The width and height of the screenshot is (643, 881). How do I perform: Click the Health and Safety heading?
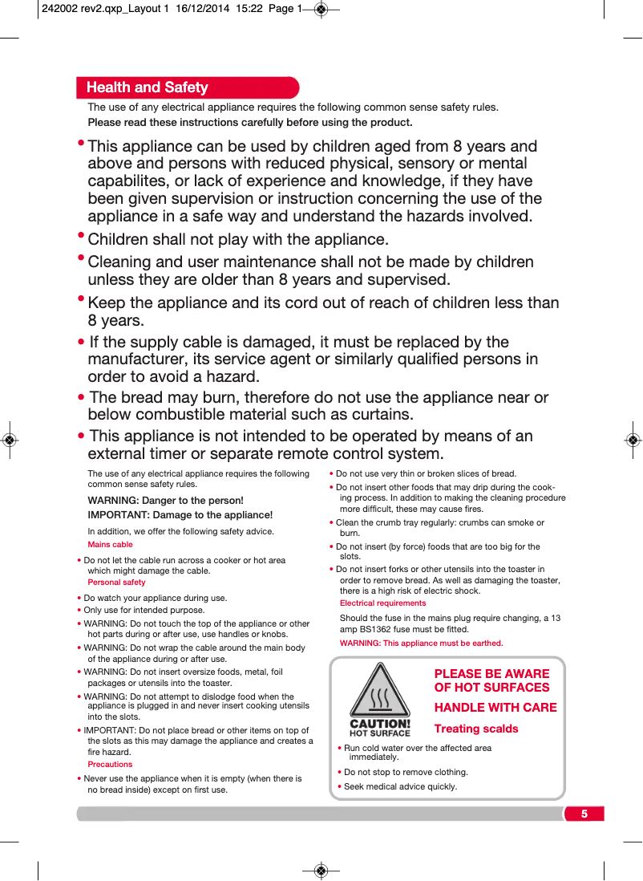click(x=148, y=87)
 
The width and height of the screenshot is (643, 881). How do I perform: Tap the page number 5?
click(x=584, y=814)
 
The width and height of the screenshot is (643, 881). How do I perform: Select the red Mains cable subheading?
click(x=110, y=545)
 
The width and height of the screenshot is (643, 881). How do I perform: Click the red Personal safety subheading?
click(x=116, y=583)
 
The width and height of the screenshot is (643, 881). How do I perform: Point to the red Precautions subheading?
click(x=110, y=765)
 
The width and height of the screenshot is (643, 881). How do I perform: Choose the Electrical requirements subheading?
click(x=382, y=603)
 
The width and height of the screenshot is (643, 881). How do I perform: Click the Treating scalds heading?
click(x=476, y=729)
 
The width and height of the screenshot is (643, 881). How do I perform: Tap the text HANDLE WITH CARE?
click(x=495, y=707)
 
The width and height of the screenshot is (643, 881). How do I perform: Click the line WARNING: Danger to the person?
click(x=165, y=501)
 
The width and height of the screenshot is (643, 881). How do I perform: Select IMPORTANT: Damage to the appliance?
click(x=180, y=515)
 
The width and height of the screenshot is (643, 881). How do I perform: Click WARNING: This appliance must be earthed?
click(x=421, y=643)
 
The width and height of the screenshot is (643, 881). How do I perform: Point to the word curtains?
click(x=381, y=415)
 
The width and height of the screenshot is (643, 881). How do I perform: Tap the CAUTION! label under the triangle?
click(x=380, y=723)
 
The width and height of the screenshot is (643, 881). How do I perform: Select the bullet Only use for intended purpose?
click(x=144, y=611)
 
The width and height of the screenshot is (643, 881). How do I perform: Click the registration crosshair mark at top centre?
click(x=321, y=10)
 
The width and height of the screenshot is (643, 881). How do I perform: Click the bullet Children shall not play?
click(x=237, y=240)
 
